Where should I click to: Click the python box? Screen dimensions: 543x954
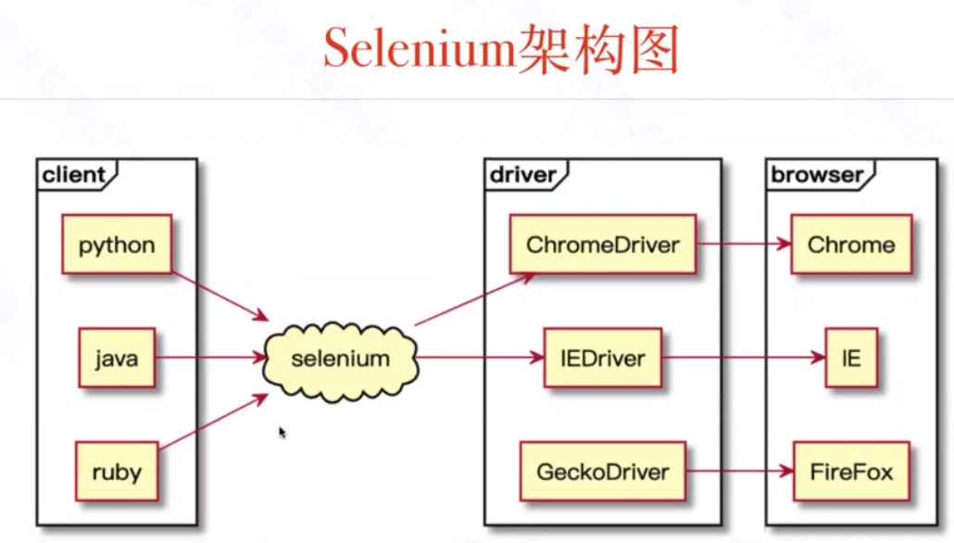point(117,246)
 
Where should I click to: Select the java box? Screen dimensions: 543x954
point(116,358)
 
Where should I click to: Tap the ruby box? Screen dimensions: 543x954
point(116,472)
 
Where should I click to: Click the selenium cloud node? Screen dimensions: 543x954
point(341,359)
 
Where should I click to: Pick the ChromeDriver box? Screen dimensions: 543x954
point(602,246)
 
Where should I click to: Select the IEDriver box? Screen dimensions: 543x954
point(602,358)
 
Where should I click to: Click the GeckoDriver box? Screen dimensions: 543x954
point(602,472)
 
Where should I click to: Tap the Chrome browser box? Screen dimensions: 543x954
point(851,246)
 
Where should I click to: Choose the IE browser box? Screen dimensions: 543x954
point(850,358)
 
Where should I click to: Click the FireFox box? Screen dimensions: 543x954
point(851,472)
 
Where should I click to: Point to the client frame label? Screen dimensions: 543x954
point(75,174)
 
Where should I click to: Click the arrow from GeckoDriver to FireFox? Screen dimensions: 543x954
point(739,472)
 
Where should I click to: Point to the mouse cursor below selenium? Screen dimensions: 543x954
point(282,431)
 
